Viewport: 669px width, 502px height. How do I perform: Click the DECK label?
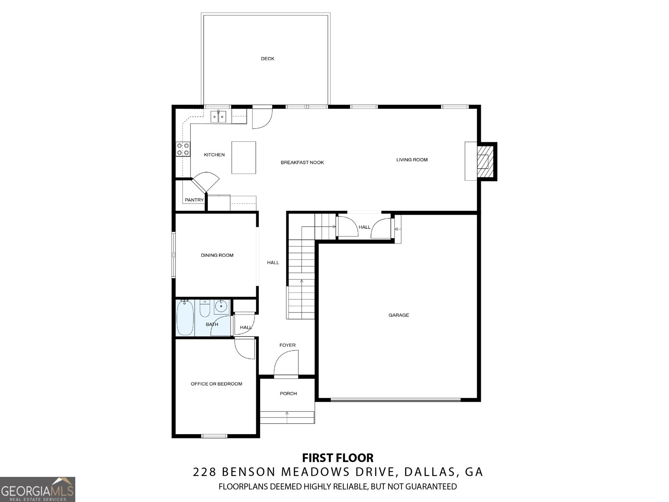point(267,59)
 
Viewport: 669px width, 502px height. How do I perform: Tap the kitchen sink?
point(219,116)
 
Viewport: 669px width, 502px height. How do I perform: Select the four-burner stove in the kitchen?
point(183,149)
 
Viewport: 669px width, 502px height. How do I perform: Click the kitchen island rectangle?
point(243,158)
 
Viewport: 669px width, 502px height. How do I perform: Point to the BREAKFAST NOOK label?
point(302,162)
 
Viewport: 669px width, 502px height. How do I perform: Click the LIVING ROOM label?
point(412,160)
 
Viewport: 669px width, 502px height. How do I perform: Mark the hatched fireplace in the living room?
point(485,161)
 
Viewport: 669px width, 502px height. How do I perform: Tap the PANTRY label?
point(194,200)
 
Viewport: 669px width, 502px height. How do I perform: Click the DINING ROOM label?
point(217,256)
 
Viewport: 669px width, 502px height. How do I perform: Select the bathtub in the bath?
point(185,318)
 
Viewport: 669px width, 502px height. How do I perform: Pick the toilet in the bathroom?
point(205,308)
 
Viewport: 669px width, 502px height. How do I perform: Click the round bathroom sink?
point(221,307)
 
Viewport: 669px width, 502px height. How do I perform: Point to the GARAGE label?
point(398,315)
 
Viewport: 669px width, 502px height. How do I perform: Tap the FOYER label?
point(287,345)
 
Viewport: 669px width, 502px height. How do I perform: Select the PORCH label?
point(289,394)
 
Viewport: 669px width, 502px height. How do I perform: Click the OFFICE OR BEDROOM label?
point(217,384)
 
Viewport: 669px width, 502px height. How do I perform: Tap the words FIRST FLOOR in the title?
point(338,458)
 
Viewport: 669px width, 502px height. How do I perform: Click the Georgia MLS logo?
point(38,489)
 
